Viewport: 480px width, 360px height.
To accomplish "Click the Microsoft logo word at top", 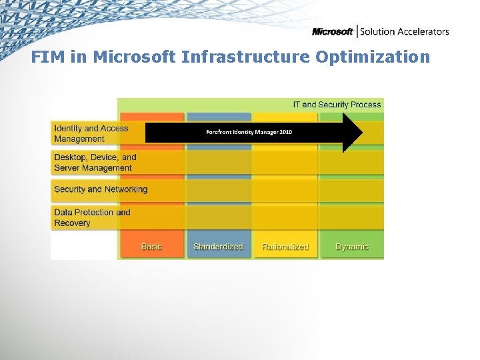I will (x=332, y=31).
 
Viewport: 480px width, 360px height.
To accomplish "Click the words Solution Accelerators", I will (x=405, y=31).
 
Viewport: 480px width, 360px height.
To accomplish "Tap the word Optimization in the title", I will (x=373, y=57).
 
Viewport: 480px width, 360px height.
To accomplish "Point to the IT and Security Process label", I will (x=337, y=105).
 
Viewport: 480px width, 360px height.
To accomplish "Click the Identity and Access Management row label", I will (x=91, y=133).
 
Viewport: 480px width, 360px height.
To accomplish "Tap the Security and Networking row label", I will (x=101, y=189).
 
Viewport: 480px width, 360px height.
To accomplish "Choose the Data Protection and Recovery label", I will (x=92, y=218).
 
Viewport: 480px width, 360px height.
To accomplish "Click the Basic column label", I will (x=151, y=247).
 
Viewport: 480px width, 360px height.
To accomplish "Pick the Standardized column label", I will (x=218, y=247).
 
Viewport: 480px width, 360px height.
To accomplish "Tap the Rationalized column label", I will (x=285, y=247).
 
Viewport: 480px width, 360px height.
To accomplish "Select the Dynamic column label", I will (x=352, y=247).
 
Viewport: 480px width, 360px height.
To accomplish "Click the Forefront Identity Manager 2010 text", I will (x=249, y=132).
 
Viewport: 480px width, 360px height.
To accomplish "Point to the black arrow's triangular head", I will (x=352, y=133).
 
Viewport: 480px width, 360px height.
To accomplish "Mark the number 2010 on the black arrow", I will (x=285, y=132).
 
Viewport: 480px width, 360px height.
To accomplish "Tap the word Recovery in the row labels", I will (x=72, y=223).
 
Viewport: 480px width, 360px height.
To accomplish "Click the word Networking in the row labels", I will (x=125, y=189).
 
